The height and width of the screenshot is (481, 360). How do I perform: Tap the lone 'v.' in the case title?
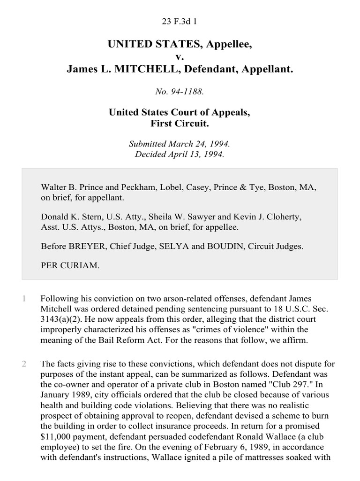[x=180, y=57]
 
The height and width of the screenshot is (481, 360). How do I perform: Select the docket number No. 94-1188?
[x=180, y=92]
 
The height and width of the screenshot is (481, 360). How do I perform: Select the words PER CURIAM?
[x=70, y=265]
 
